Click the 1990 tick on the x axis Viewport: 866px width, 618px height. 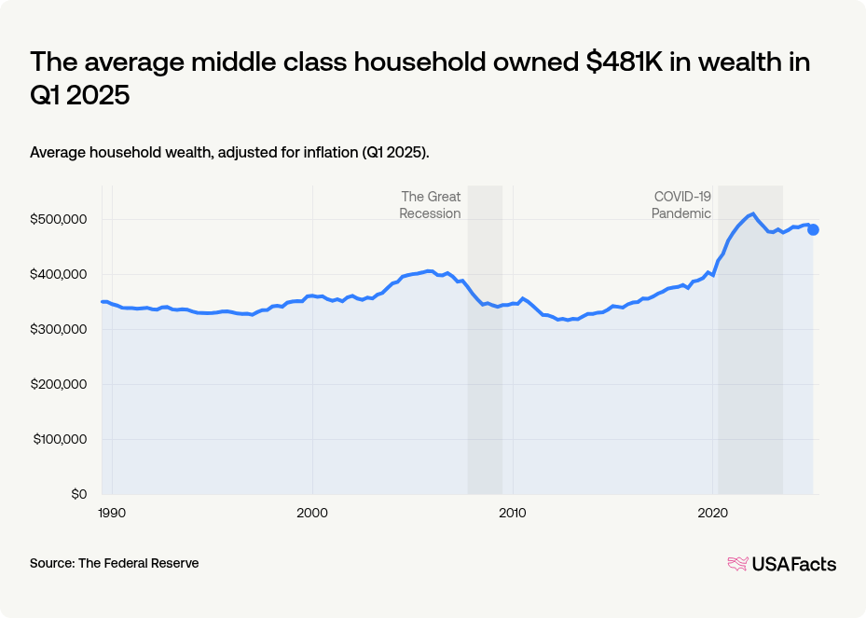[x=112, y=513]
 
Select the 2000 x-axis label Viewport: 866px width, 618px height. [x=312, y=513]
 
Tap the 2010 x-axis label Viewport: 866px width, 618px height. [x=513, y=513]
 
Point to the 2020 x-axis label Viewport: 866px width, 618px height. [x=713, y=513]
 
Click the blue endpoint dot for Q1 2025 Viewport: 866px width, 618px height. [x=813, y=230]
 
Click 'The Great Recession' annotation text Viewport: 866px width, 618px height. [x=430, y=205]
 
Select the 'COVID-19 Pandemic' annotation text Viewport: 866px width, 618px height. [x=681, y=205]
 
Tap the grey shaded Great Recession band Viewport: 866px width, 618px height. [x=485, y=391]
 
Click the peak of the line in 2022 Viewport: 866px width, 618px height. [x=752, y=213]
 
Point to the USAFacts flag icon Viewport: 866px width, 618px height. [x=737, y=564]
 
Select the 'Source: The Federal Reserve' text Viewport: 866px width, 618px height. [x=114, y=563]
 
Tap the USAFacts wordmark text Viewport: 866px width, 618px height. [x=793, y=564]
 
